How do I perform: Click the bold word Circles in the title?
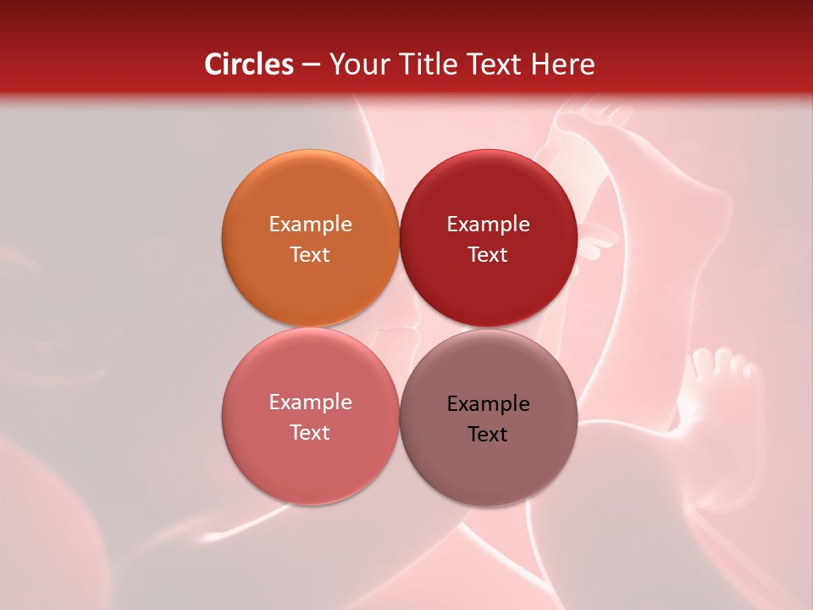tap(249, 64)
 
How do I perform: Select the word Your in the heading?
tap(357, 64)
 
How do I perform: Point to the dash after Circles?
tap(311, 65)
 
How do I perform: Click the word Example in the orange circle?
tap(310, 224)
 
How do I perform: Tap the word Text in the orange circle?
tap(310, 254)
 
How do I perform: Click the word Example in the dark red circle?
tap(488, 224)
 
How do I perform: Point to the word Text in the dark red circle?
tap(488, 254)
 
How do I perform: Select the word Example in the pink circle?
tap(310, 402)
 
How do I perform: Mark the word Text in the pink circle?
tap(310, 432)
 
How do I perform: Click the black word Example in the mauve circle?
tap(488, 403)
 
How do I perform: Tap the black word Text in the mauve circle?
tap(488, 434)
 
